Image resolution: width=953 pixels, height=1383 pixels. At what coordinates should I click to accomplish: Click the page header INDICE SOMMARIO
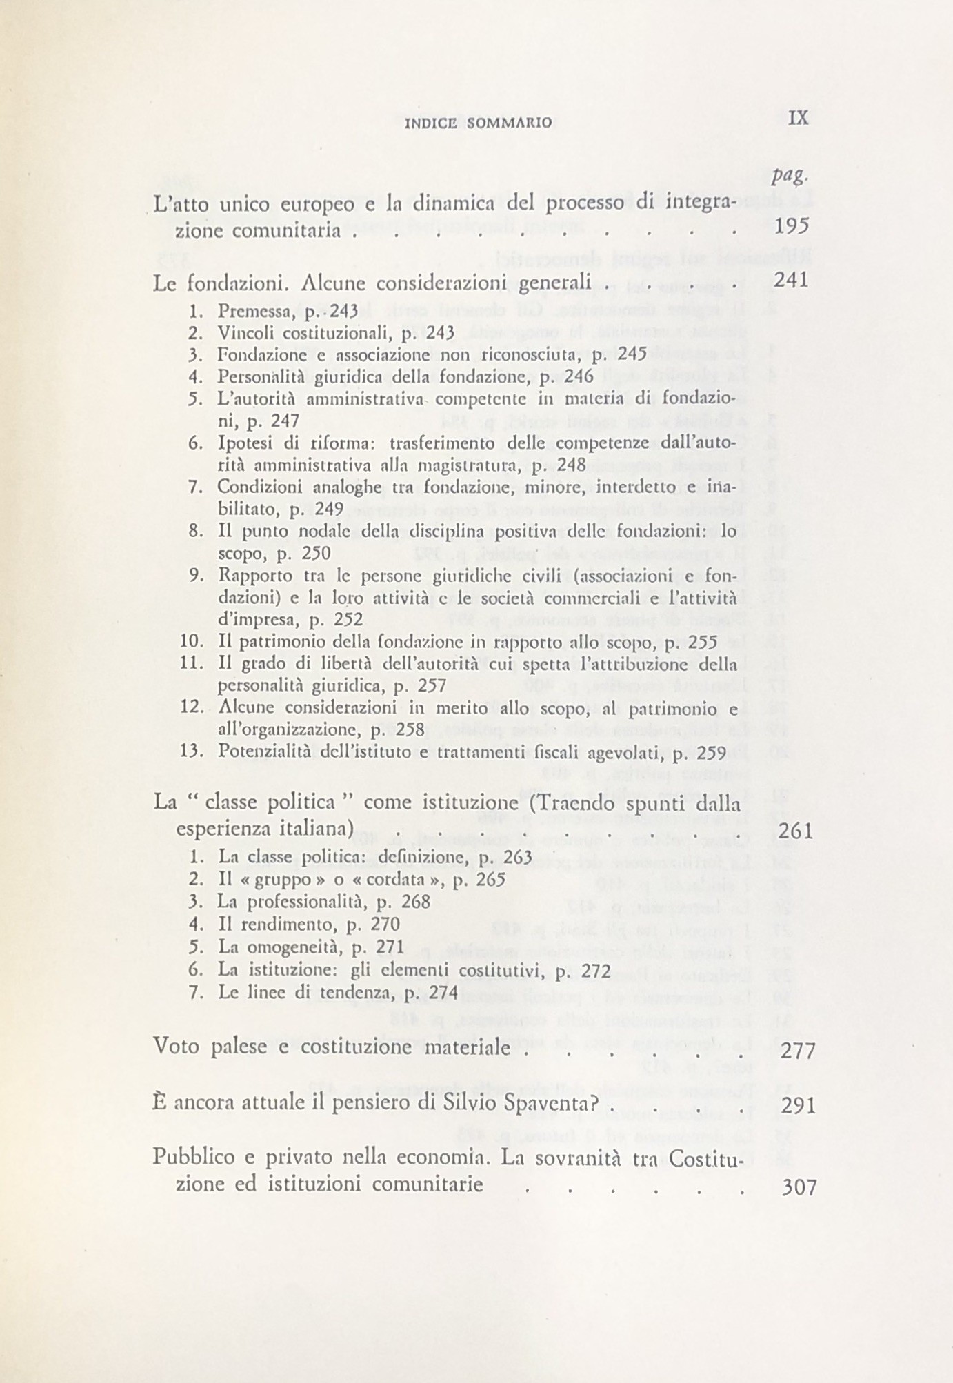click(477, 123)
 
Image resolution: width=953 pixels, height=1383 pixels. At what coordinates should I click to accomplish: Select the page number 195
click(792, 227)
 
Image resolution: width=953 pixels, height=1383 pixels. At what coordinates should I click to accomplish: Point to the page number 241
click(791, 280)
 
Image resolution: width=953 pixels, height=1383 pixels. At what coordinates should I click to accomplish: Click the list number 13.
click(191, 751)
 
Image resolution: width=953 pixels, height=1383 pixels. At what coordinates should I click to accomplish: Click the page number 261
click(796, 831)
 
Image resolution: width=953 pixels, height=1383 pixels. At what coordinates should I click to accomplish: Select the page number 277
click(798, 1051)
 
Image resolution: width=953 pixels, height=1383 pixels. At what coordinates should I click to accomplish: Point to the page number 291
click(799, 1106)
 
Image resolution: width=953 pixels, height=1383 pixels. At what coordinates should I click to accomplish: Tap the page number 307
click(800, 1187)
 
